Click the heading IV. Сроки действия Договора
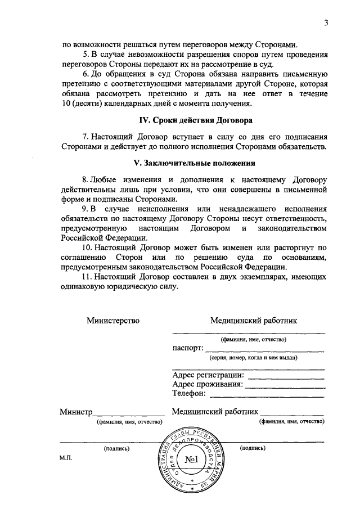(x=196, y=120)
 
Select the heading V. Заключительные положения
(x=196, y=164)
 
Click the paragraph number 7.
(x=85, y=137)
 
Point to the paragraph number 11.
(x=87, y=277)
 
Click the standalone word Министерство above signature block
(x=112, y=321)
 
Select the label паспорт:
(x=187, y=348)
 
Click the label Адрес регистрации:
(x=208, y=375)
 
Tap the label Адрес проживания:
(x=208, y=384)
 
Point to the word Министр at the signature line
(x=76, y=412)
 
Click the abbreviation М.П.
(x=66, y=458)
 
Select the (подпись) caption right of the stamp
(x=253, y=448)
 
